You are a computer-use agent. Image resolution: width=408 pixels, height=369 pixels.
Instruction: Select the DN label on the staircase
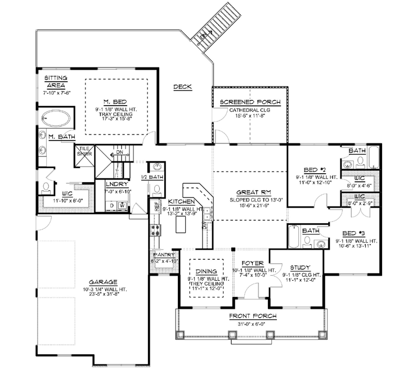(119, 152)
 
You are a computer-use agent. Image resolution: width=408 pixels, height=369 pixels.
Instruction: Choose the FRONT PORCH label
(252, 316)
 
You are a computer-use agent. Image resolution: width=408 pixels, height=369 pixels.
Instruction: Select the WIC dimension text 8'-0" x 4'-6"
(360, 184)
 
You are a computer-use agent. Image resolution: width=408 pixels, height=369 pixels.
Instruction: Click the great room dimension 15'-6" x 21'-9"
(250, 207)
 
